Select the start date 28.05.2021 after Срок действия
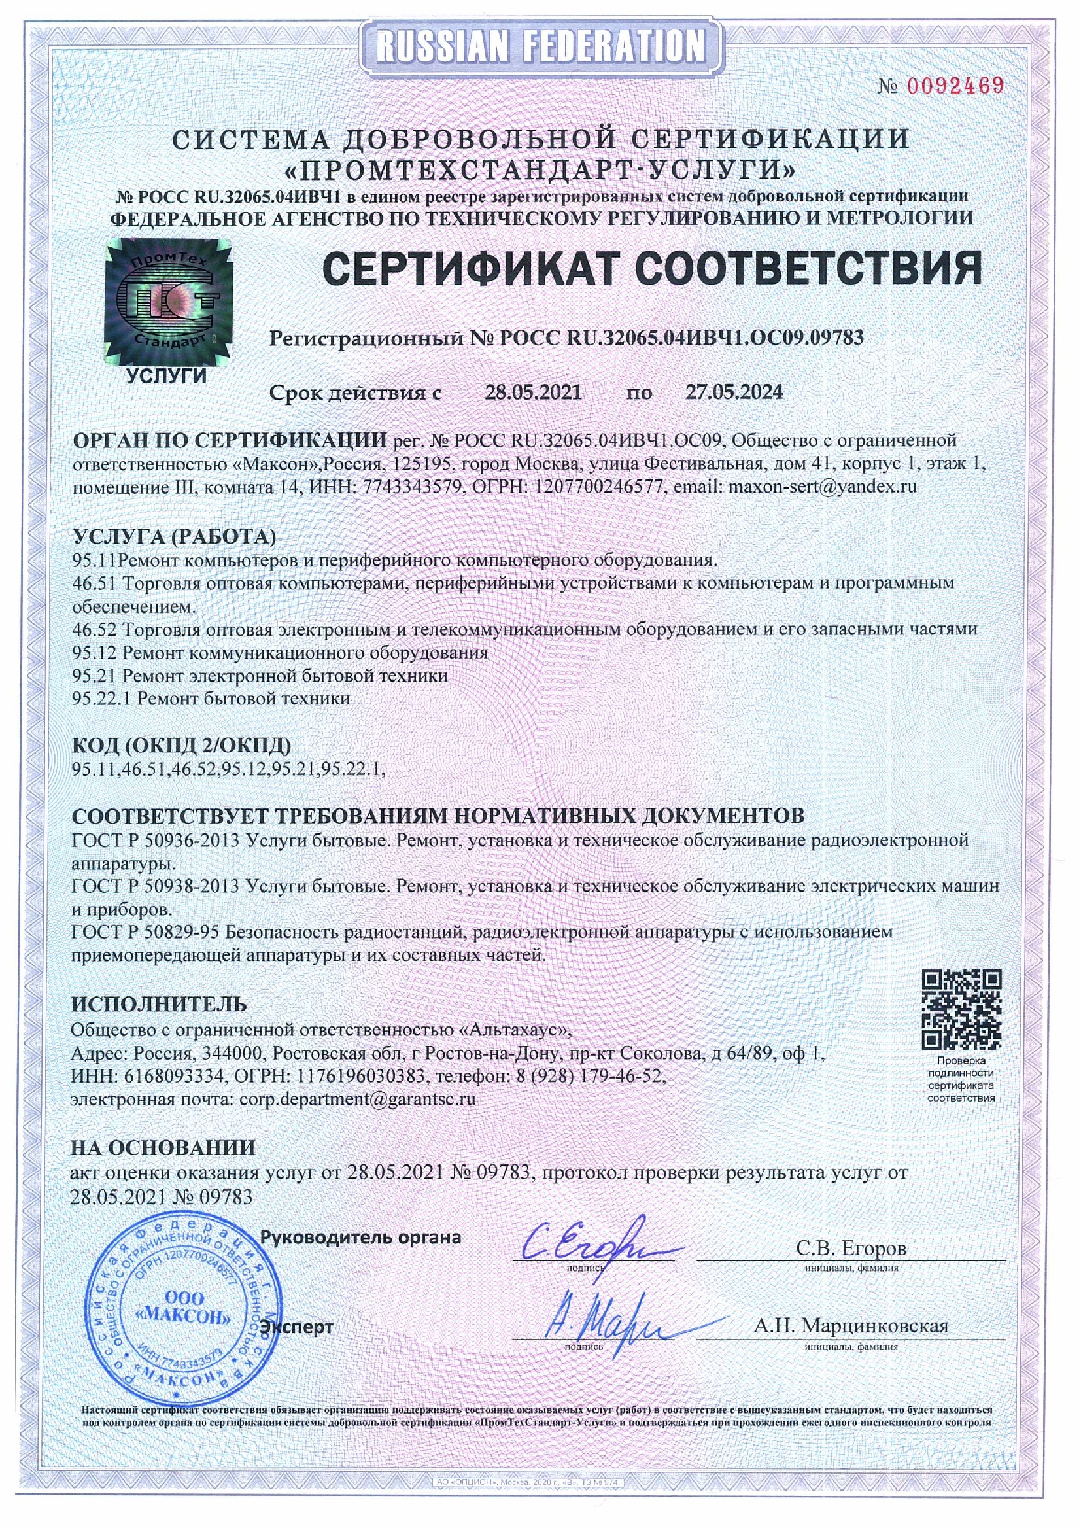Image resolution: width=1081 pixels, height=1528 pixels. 532,392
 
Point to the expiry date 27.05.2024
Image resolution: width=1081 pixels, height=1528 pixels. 734,392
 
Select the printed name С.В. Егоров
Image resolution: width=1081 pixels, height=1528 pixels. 851,1247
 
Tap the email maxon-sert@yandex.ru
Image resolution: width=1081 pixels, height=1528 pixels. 823,487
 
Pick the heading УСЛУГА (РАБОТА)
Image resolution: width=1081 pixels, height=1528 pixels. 174,536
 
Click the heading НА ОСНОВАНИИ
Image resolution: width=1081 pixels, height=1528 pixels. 163,1147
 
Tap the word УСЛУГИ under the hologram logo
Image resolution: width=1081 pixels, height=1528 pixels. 166,377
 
